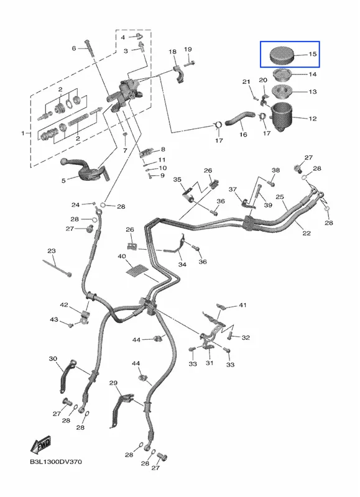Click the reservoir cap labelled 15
282,55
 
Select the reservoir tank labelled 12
282,117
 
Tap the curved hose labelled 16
239,118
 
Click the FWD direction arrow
40,445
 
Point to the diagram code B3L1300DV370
56,462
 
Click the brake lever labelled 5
85,170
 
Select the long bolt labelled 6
89,48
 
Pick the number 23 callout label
52,251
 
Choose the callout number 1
23,134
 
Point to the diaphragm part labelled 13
282,91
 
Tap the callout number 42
64,305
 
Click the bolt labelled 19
189,63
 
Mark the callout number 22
307,234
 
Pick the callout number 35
177,180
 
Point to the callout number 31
210,363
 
